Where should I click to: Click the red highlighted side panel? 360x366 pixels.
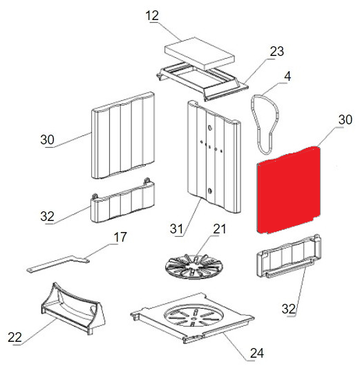pos(289,190)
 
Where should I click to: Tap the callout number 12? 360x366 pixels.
pos(152,16)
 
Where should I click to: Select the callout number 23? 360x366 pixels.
pos(277,51)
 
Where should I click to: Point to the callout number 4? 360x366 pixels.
pos(287,77)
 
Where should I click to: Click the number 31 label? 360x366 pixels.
pos(176,229)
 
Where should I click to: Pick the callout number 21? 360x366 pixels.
pos(220,229)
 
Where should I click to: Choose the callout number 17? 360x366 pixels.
pos(120,237)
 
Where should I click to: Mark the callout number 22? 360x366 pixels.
pos(15,338)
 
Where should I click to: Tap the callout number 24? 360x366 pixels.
pos(257,353)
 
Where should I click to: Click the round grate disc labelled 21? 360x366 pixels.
pos(194,267)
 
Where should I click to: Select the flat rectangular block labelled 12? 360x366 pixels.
pos(200,53)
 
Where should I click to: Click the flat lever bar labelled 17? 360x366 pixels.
pos(58,264)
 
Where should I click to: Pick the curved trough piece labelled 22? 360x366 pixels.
pos(73,308)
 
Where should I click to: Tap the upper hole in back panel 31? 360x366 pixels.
pos(210,128)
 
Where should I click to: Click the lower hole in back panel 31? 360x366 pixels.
pos(210,191)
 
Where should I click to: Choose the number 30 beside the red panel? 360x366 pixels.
pos(345,119)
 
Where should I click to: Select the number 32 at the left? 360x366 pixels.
pos(47,216)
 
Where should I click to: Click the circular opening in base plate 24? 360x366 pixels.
pos(194,316)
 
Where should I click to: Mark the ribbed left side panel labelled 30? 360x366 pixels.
pos(123,135)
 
